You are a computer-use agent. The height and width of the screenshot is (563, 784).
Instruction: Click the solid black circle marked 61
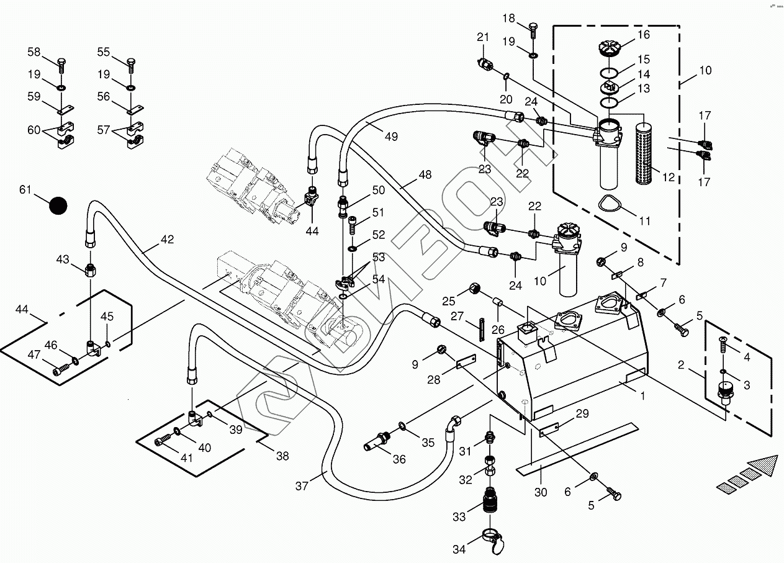58,206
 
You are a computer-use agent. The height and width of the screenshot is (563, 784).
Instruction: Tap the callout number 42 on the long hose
167,239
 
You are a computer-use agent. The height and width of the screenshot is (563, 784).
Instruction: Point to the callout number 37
302,486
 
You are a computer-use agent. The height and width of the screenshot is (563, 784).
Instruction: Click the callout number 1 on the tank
643,395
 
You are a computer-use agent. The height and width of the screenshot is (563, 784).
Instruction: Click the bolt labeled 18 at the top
533,28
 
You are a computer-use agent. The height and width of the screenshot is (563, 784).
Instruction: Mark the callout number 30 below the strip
541,492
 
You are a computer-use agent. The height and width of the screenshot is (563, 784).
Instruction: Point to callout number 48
425,175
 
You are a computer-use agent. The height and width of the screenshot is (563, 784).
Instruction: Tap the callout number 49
390,137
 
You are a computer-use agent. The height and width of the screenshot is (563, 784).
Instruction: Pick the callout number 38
282,456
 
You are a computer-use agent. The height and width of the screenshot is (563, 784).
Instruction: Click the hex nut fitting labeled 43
91,270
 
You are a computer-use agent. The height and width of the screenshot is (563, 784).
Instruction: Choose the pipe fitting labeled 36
378,441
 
